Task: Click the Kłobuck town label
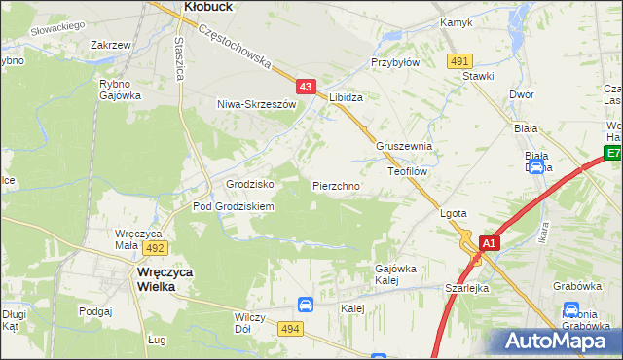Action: [x=205, y=6]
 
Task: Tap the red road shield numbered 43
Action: [x=306, y=88]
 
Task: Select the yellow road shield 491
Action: [x=460, y=61]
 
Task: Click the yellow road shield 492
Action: [x=158, y=248]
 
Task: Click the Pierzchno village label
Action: [x=337, y=185]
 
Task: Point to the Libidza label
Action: [x=347, y=98]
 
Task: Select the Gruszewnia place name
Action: [x=404, y=146]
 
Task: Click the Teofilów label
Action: [x=408, y=170]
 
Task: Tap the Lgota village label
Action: [x=454, y=213]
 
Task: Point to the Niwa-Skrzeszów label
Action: [x=256, y=103]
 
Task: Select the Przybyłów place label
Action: [x=394, y=60]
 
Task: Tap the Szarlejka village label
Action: [x=466, y=289]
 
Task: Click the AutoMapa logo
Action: [x=564, y=341]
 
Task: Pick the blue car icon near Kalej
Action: [x=305, y=305]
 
